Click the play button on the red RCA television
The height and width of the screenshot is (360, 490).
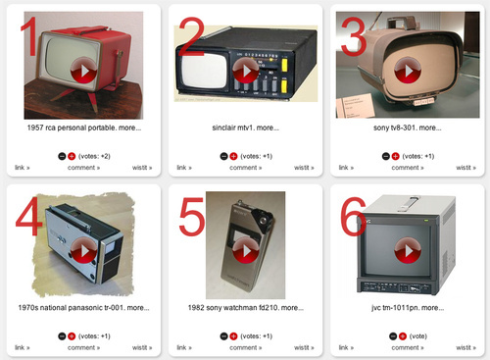click(x=83, y=70)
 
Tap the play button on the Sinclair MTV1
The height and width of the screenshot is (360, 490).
click(x=246, y=70)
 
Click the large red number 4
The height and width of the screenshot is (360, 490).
click(x=29, y=216)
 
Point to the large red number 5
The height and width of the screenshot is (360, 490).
click(x=192, y=217)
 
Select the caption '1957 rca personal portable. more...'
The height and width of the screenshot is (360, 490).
click(x=84, y=128)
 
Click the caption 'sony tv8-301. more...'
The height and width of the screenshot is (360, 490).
click(x=408, y=128)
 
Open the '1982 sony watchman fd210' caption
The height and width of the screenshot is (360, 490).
click(x=246, y=308)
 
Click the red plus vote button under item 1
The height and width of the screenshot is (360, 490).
click(x=72, y=156)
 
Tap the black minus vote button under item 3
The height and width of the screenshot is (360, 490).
click(x=386, y=156)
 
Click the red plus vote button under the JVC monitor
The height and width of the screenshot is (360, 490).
click(x=403, y=336)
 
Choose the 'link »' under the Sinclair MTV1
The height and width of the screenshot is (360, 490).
click(x=184, y=168)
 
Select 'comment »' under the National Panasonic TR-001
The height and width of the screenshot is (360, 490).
click(x=83, y=347)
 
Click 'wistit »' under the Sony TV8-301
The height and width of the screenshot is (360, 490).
click(x=466, y=168)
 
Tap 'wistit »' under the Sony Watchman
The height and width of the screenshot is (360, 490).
click(x=304, y=347)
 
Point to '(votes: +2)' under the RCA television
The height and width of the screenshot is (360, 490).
click(x=94, y=156)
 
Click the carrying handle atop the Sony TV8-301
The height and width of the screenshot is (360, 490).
click(x=400, y=23)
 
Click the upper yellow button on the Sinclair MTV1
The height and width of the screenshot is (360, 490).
click(x=284, y=65)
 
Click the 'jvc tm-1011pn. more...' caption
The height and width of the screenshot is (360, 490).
click(x=408, y=308)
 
